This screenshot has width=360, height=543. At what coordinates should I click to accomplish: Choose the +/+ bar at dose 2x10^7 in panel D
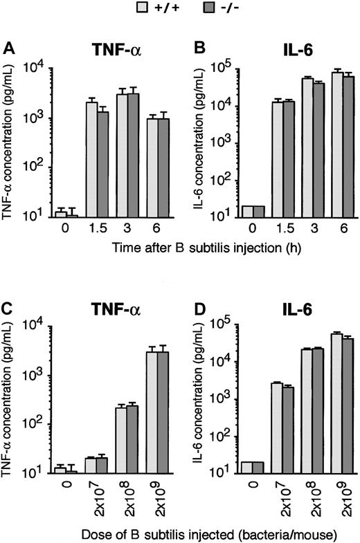click(277, 427)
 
